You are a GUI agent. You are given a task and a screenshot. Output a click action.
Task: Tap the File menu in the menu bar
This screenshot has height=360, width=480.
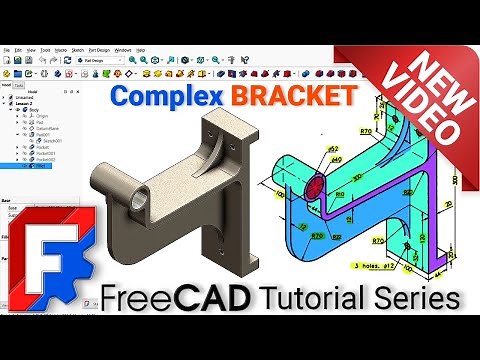point(5,48)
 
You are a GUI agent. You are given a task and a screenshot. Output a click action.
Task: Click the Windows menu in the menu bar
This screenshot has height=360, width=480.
point(123,48)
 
